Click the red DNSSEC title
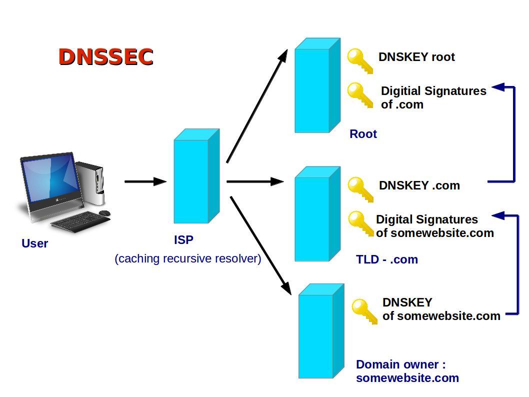[x=105, y=56]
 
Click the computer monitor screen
[x=50, y=179]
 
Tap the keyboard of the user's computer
[x=80, y=221]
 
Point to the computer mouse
[x=104, y=213]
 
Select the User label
[x=34, y=243]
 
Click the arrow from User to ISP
[x=145, y=181]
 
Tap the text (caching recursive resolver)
[x=187, y=258]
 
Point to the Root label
[x=363, y=134]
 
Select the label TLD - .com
[x=386, y=259]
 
